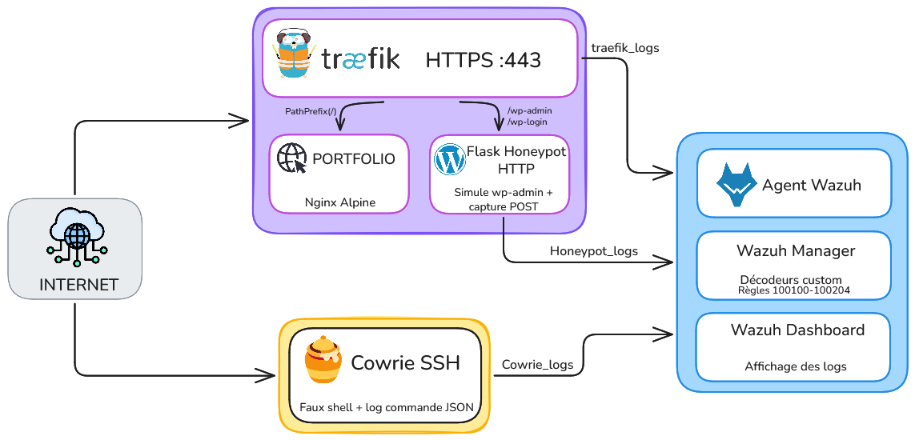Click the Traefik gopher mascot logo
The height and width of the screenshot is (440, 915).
292,54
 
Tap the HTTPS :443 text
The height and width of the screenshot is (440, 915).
483,60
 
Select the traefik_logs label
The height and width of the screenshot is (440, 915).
625,48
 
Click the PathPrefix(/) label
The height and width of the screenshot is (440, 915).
311,111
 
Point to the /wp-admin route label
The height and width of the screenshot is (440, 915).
529,110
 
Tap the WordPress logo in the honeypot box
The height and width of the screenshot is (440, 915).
449,160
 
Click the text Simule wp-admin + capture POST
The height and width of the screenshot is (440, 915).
503,199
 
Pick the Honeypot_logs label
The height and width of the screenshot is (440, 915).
593,251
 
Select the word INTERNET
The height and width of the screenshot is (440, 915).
78,285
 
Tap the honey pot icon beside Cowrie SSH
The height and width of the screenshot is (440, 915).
323,362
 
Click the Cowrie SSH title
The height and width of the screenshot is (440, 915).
406,362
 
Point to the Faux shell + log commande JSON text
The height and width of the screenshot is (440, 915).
386,407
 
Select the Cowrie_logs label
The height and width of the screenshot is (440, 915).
537,365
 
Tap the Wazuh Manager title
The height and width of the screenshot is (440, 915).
795,250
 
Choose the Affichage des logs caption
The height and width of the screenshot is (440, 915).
795,366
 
